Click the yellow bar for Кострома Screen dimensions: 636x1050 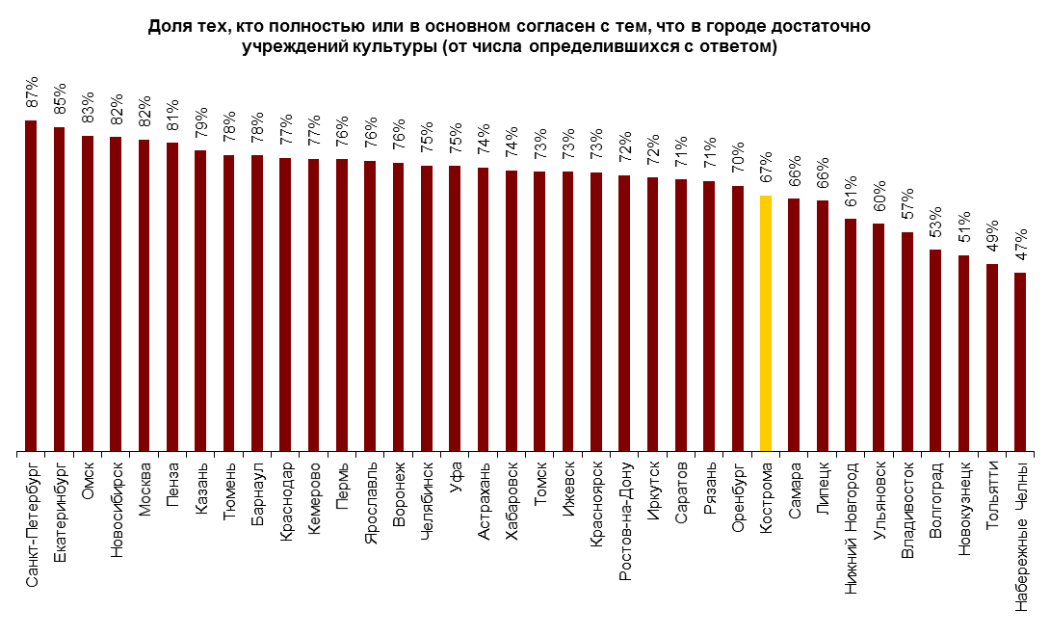tap(766, 323)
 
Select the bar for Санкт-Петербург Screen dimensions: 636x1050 tap(31, 285)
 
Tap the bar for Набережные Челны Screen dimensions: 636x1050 tap(1020, 361)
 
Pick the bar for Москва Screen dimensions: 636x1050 tap(144, 295)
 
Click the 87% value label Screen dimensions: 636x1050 tap(31, 92)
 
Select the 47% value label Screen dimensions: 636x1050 tap(1020, 245)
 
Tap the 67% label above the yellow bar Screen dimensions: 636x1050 tap(766, 168)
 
